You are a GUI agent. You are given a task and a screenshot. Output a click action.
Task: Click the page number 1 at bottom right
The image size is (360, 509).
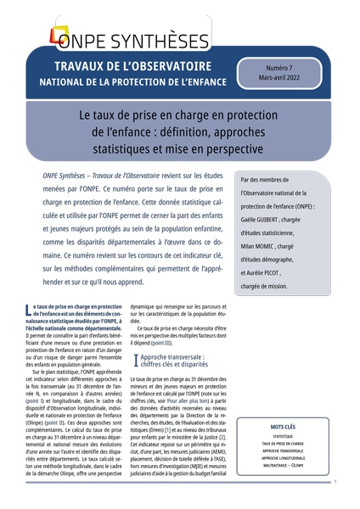[335, 482]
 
